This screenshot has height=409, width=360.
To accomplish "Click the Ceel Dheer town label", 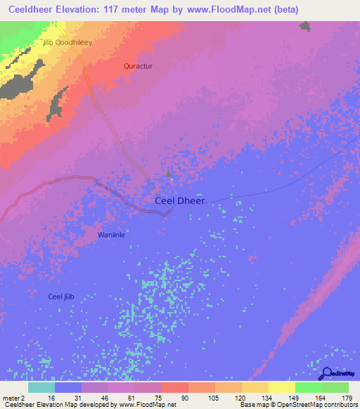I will [x=179, y=200].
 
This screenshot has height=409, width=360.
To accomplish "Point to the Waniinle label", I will [x=111, y=235].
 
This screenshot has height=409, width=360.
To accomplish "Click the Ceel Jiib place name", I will [x=60, y=297].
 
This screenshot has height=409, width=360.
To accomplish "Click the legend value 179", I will [x=348, y=397].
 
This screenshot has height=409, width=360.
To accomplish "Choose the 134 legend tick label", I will [x=268, y=397].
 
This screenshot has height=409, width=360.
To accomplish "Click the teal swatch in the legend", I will [x=41, y=387].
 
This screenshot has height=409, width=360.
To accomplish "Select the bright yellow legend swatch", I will [x=281, y=387].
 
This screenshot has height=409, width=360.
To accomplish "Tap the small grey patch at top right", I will [x=304, y=26].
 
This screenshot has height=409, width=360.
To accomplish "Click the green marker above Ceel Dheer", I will [x=168, y=174].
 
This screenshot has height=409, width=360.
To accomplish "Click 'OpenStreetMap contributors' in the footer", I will [x=319, y=405].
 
